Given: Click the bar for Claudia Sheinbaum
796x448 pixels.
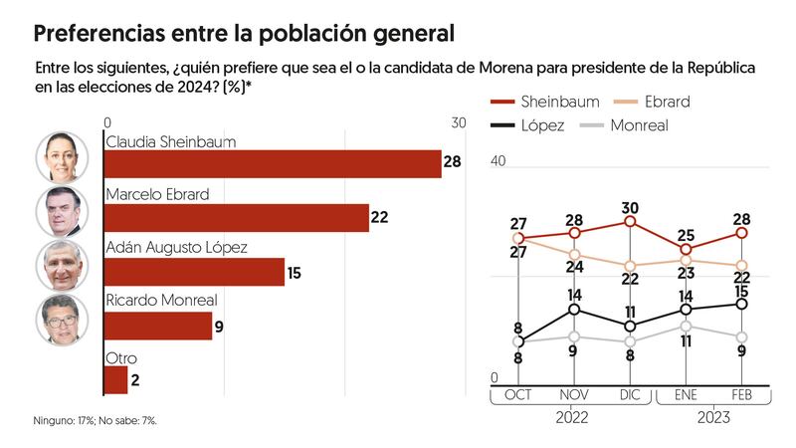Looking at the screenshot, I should (x=273, y=163).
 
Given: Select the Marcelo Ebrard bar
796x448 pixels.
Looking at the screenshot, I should (x=237, y=217).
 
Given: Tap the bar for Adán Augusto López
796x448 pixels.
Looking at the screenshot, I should (x=194, y=271).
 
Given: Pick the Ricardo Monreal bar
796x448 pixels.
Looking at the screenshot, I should (x=158, y=326).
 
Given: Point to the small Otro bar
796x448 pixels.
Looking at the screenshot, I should (x=116, y=379).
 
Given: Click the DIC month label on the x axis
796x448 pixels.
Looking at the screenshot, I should (x=630, y=395).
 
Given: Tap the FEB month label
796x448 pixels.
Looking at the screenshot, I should (x=742, y=395).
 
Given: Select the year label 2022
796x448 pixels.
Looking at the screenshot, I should (x=573, y=417).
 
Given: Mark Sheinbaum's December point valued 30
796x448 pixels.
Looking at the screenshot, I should (x=630, y=221).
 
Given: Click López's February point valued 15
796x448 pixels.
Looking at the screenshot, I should (x=742, y=304).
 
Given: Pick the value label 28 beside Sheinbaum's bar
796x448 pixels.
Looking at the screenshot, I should (x=453, y=162).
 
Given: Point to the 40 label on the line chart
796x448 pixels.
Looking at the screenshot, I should (x=498, y=161).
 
